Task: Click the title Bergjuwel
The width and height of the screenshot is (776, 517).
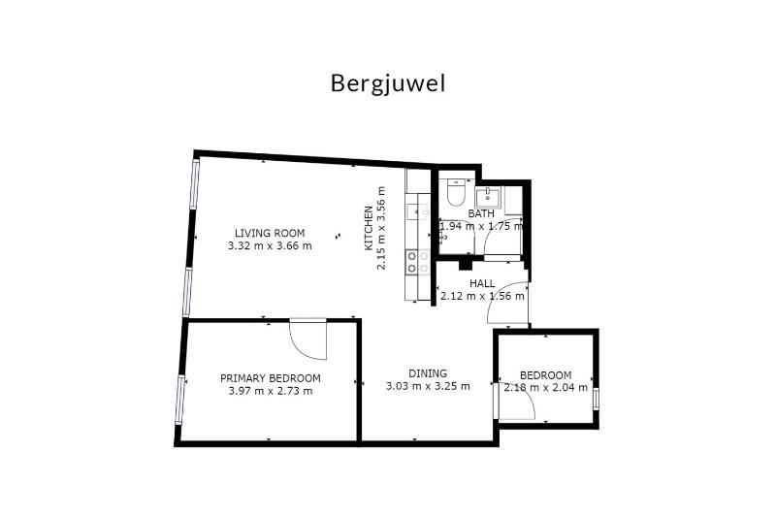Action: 388,83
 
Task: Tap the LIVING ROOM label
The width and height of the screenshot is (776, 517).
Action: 270,233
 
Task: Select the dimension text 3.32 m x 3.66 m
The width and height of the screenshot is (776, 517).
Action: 270,246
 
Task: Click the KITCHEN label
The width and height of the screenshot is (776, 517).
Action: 369,229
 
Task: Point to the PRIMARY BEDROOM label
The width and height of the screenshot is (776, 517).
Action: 270,378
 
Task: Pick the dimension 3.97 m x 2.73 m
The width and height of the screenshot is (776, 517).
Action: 270,392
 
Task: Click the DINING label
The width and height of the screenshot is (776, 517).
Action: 428,372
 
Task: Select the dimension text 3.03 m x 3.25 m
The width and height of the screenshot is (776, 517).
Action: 428,386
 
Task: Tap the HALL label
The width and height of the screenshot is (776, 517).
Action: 482,283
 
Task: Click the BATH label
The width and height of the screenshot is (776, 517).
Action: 482,213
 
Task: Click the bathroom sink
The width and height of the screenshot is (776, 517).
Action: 491,197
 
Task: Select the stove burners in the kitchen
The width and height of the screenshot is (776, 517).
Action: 418,260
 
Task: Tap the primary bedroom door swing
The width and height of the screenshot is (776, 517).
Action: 308,339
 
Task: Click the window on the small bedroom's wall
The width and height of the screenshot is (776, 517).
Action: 597,399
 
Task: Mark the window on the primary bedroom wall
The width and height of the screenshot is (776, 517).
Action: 180,398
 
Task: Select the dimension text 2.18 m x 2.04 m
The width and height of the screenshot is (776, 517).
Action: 545,389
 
